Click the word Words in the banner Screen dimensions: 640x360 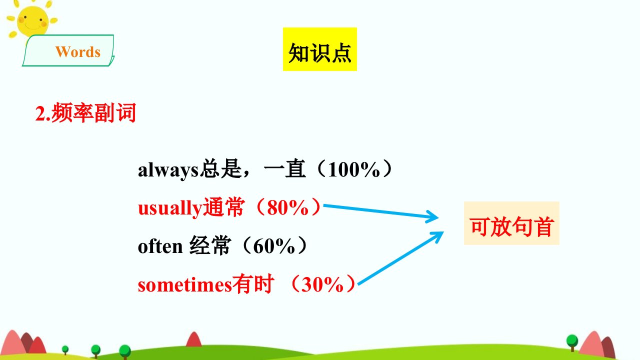(x=78, y=52)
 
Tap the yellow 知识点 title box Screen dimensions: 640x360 (x=319, y=49)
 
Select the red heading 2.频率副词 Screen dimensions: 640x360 (x=85, y=113)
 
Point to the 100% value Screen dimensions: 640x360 (x=353, y=169)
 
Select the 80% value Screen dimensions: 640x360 (x=287, y=207)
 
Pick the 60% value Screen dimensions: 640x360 (x=274, y=246)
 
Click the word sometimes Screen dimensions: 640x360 (x=184, y=285)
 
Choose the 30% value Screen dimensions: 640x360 (x=322, y=284)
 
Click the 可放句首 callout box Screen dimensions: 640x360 (x=511, y=223)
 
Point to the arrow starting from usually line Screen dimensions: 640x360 (x=380, y=211)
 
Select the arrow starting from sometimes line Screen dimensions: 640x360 (x=400, y=258)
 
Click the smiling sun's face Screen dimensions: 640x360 (x=32, y=21)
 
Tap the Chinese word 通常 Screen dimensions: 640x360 (x=223, y=207)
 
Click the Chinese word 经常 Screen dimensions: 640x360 (x=209, y=245)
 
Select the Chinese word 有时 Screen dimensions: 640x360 (x=253, y=284)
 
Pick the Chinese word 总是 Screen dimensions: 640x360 (x=220, y=169)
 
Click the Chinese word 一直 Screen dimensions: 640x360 (x=284, y=169)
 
